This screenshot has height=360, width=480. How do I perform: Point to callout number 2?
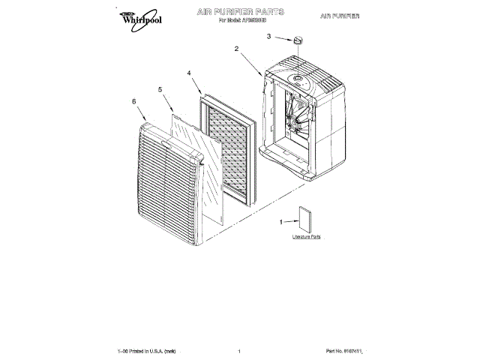tap(236, 49)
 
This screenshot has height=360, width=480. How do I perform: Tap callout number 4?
tap(189, 73)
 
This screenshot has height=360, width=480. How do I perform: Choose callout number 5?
tap(160, 89)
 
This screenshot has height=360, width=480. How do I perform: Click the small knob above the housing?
tap(299, 40)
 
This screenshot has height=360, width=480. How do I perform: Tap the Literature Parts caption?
tap(306, 236)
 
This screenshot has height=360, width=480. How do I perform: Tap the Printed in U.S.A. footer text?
tap(146, 351)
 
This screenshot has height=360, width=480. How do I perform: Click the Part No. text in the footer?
tap(349, 351)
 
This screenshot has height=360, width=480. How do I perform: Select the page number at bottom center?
tap(238, 351)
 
